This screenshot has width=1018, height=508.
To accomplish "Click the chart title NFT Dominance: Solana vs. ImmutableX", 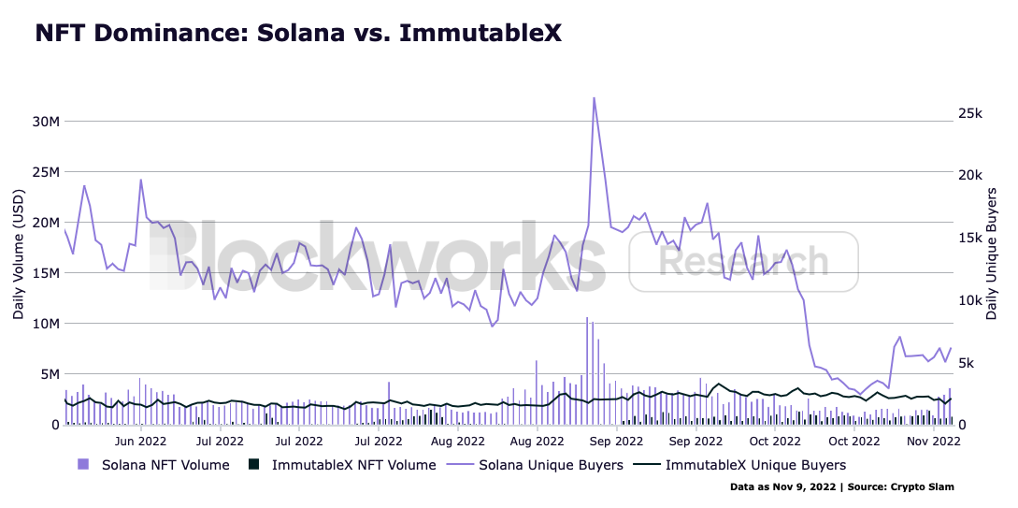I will click(298, 34).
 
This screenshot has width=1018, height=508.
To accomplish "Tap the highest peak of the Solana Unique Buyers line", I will click(594, 98).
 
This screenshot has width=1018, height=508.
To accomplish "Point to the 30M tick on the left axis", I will click(47, 122).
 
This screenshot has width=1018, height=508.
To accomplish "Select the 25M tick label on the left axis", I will click(47, 172).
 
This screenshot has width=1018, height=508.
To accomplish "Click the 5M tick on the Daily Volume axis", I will click(47, 374).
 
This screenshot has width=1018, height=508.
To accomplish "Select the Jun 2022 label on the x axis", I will click(140, 440).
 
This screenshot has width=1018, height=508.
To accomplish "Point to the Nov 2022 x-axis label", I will click(935, 440).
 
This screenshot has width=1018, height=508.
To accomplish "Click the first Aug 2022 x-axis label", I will click(458, 440).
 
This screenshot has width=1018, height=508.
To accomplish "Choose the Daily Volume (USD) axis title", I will click(19, 253).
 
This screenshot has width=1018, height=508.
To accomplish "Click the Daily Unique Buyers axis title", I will click(993, 253).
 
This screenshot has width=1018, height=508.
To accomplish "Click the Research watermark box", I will click(743, 261).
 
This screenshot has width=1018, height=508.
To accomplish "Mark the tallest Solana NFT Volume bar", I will click(587, 370).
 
